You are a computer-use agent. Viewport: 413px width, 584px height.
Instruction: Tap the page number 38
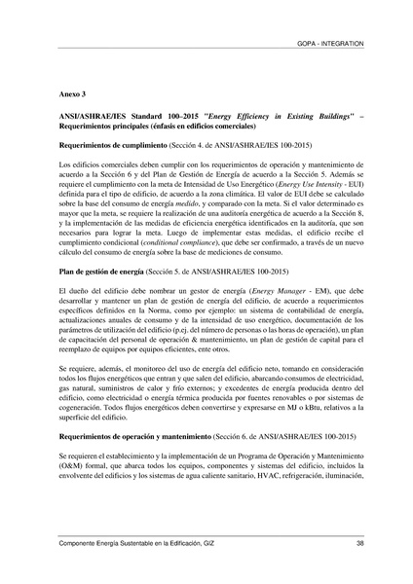[x=359, y=542]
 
